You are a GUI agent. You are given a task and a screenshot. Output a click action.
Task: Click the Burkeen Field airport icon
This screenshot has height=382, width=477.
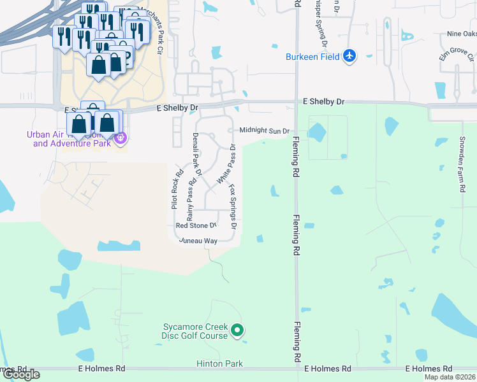click(349, 56)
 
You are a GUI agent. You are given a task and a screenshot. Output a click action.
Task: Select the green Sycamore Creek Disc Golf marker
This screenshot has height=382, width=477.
click(237, 330)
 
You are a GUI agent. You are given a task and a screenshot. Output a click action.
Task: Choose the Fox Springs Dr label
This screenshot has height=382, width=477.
click(233, 207)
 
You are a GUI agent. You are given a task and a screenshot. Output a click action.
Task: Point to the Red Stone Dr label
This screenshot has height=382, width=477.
click(196, 225)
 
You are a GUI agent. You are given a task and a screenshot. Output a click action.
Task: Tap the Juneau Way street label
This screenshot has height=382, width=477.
click(198, 241)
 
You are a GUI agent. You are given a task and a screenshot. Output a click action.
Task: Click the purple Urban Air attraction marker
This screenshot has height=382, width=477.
click(120, 136)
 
